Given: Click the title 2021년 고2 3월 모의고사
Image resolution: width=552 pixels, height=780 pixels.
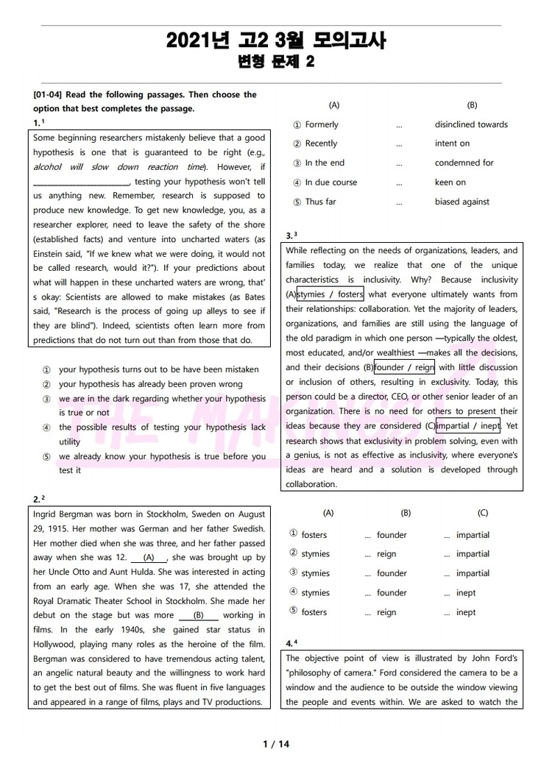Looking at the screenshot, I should (x=276, y=40).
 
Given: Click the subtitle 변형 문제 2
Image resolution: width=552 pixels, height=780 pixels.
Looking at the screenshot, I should (x=276, y=63).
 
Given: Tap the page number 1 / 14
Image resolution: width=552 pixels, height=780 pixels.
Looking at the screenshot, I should (x=276, y=744).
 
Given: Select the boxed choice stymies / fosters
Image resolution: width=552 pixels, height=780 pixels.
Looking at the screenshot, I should (x=330, y=294).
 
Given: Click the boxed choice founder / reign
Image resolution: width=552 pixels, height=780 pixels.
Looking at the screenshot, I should (x=404, y=367).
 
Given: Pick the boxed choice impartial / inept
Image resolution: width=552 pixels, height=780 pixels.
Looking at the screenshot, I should (x=468, y=426).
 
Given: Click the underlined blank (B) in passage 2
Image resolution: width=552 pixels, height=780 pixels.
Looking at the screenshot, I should (x=198, y=615).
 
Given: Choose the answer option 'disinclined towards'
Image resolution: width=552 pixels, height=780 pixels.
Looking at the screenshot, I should (x=471, y=124).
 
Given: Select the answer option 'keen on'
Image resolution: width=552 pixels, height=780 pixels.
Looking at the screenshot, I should (x=450, y=182).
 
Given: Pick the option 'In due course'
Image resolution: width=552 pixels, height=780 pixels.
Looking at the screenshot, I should (x=330, y=182).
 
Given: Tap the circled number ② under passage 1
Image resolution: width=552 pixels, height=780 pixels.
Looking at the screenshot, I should (x=46, y=384).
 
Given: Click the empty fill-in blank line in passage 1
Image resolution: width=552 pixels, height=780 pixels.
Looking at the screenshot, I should (x=81, y=182).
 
